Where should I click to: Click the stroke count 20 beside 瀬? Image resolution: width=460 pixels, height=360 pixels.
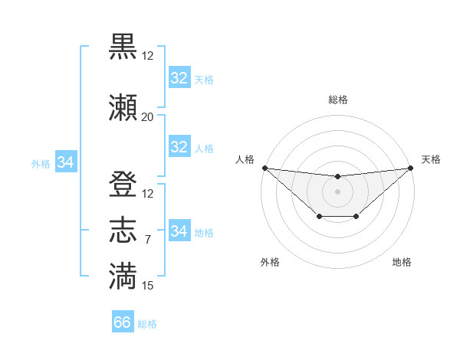(x=147, y=117)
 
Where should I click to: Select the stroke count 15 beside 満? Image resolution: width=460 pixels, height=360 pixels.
(x=147, y=286)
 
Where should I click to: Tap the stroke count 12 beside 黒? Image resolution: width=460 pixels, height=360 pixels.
(x=147, y=56)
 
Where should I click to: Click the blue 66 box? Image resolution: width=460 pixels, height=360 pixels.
(x=123, y=322)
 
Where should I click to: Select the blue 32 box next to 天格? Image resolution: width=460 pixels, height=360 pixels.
(x=179, y=78)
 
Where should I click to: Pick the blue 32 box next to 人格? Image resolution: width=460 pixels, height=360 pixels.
(x=179, y=147)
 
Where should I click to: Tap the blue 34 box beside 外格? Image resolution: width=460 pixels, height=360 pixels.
(x=66, y=162)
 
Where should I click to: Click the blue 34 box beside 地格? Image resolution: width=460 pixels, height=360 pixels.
(x=179, y=231)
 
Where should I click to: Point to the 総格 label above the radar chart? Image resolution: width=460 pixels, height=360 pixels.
(x=337, y=100)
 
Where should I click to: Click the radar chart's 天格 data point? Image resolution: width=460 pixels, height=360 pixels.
(x=411, y=168)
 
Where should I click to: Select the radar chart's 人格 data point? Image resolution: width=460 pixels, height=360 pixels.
(x=264, y=168)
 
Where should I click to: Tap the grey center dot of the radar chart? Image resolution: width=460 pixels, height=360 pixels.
(x=337, y=191)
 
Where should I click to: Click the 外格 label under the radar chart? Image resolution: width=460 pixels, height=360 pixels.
(x=270, y=262)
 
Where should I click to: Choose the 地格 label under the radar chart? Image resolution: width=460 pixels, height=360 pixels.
(x=402, y=262)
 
